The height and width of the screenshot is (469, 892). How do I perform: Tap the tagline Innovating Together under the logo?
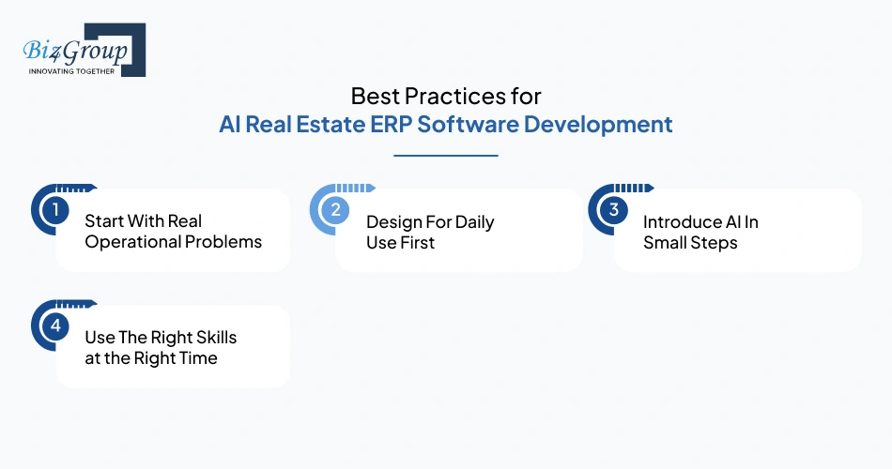pos(71,71)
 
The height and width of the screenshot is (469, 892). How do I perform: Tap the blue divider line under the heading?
pos(446,156)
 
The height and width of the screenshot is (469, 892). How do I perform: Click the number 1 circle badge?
pos(55,210)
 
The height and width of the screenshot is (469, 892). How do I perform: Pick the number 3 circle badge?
pos(613,210)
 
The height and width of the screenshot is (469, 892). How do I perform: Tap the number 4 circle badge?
pos(55,326)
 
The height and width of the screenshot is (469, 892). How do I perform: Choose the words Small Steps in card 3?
pos(690,242)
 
